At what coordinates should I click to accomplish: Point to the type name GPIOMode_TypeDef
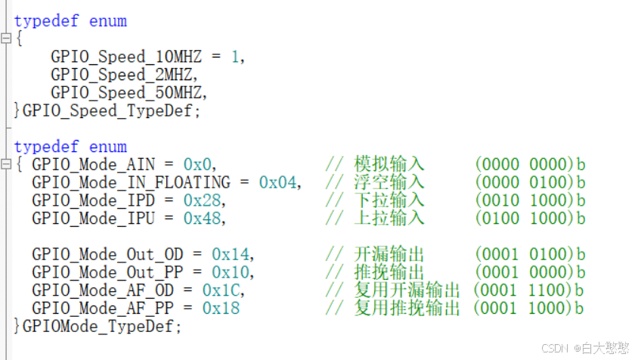[102, 327]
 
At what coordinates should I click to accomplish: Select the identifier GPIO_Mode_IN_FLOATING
[131, 182]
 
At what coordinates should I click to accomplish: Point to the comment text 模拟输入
[389, 164]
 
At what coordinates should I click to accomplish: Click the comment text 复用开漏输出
[407, 290]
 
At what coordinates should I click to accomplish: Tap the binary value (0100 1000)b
[530, 219]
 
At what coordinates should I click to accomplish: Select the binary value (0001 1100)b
[528, 290]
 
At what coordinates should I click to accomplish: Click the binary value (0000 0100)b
[530, 182]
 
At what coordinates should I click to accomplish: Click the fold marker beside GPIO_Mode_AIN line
[6, 164]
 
